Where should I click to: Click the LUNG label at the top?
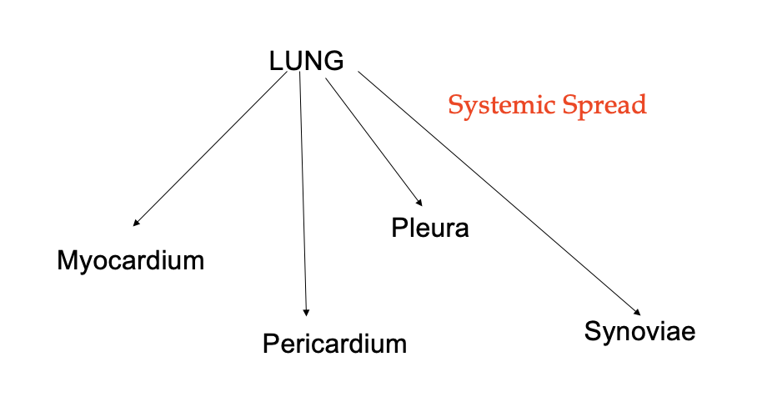pos(306,61)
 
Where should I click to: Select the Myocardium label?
pos(131,261)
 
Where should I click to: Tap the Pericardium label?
pos(335,344)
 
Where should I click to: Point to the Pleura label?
pos(430,228)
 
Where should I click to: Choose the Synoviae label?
pos(639,331)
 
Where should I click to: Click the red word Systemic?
pos(502,105)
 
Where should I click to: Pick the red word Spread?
pos(604,104)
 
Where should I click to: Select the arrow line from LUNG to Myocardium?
pos(210,148)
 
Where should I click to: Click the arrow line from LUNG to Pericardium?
pos(303,194)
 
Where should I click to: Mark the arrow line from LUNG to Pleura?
pos(373,142)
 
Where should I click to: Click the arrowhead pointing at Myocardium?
pos(136,223)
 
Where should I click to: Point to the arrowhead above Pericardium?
pos(306,313)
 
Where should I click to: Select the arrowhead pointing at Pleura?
pos(419,203)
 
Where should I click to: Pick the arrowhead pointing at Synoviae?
pos(638,313)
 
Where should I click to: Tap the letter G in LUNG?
pos(333,61)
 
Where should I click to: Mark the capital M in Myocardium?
pos(67,260)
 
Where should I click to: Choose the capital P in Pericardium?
pos(271,344)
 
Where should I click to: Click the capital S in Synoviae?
pos(593,330)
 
